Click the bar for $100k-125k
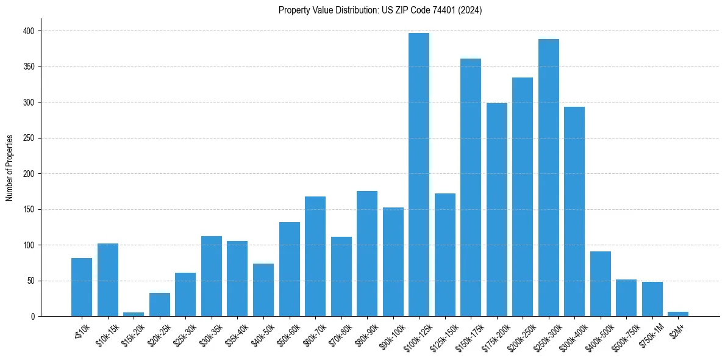[x=419, y=175]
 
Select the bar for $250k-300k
[x=549, y=178]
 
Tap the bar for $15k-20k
[x=134, y=314]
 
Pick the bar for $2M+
[x=678, y=314]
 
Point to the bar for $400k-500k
[x=601, y=284]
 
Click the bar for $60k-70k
[x=315, y=256]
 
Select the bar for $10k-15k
[x=108, y=280]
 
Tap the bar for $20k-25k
[x=160, y=304]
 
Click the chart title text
[x=380, y=10]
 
